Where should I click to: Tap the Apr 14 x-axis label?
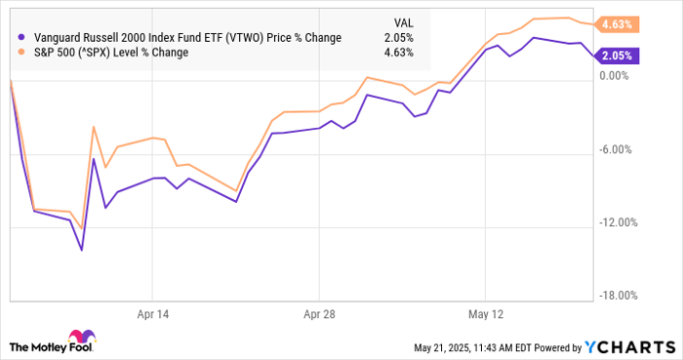tap(154, 314)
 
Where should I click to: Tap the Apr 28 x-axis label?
tap(319, 314)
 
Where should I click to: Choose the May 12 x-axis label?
tap(485, 314)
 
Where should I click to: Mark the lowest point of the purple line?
tap(82, 250)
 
